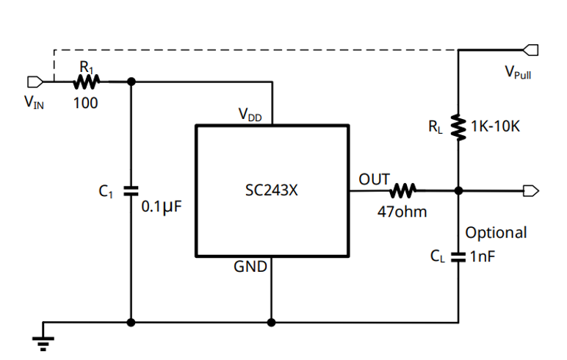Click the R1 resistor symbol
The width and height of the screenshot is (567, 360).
click(x=87, y=81)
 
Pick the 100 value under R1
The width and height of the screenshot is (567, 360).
click(x=86, y=103)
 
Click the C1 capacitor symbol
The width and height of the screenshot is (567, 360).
click(x=131, y=190)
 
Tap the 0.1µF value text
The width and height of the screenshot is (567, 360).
click(x=161, y=206)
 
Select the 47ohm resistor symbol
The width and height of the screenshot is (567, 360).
click(x=403, y=191)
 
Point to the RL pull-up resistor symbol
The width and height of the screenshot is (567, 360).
click(x=459, y=126)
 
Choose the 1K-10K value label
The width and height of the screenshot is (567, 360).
click(x=495, y=126)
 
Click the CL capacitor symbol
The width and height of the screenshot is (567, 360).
click(x=459, y=257)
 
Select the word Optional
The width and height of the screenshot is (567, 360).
click(x=496, y=233)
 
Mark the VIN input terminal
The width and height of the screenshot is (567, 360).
click(x=33, y=81)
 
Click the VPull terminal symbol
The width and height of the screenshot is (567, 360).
click(x=530, y=50)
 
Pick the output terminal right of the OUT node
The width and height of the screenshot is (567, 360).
click(x=530, y=191)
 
